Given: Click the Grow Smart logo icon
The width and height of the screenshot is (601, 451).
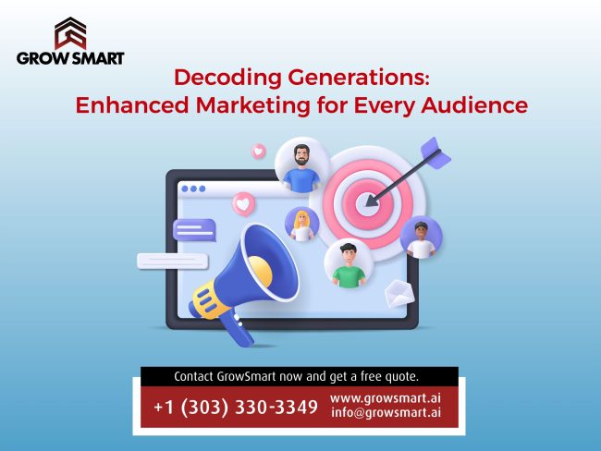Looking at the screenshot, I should pos(69,33).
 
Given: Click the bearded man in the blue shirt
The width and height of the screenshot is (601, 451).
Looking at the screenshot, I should pos(301,165).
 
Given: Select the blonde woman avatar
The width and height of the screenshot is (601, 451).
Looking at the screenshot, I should pos(301,223).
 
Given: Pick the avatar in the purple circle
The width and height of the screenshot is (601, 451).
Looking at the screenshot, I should pos(422,238).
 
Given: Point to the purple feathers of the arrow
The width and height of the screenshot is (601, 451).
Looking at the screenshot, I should pos(435,152).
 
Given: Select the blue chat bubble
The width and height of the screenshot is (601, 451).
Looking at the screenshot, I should pos(194,229).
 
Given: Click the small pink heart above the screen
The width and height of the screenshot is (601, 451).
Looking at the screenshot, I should pos(258,151).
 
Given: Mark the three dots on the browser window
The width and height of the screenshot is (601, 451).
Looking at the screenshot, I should pos(193,189).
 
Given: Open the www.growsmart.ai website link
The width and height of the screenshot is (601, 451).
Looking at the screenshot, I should pos(392,399).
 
